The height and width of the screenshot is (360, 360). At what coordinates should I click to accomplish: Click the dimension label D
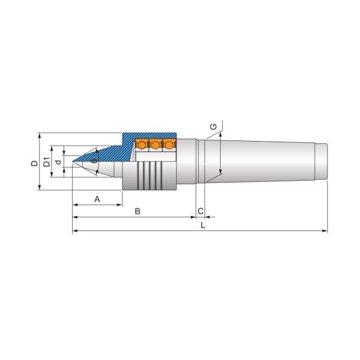pyautogui.click(x=34, y=163)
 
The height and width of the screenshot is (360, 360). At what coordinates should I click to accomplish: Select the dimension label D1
pyautogui.click(x=47, y=162)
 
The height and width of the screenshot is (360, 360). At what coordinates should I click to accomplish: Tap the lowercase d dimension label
pyautogui.click(x=59, y=162)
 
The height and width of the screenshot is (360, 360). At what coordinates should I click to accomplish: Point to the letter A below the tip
pyautogui.click(x=97, y=199)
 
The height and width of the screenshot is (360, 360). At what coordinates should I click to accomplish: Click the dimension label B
pyautogui.click(x=137, y=211)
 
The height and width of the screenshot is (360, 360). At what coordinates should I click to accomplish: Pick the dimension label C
pyautogui.click(x=200, y=211)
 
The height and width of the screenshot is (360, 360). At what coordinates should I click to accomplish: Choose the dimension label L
pyautogui.click(x=203, y=225)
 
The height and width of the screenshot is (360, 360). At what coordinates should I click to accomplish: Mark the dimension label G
pyautogui.click(x=214, y=127)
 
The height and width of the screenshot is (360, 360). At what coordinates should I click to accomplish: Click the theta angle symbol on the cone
pyautogui.click(x=94, y=161)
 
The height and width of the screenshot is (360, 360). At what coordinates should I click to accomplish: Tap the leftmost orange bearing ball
pyautogui.click(x=142, y=145)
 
